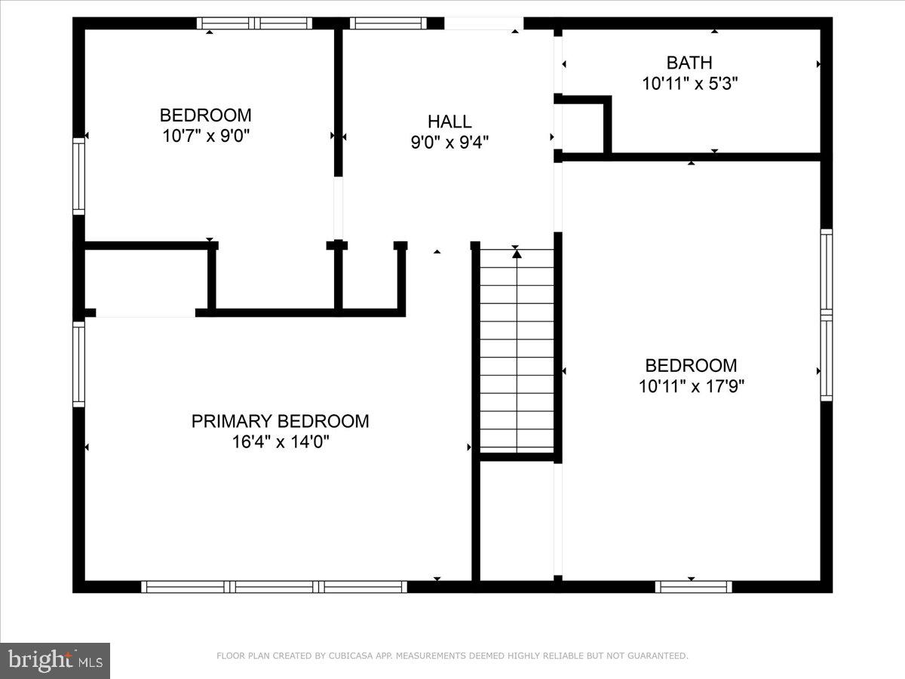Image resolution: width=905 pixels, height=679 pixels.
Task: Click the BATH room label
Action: click(689, 63)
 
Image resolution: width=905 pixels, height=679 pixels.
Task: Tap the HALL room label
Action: click(449, 121)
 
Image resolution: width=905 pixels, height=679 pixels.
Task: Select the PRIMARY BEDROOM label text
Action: click(280, 421)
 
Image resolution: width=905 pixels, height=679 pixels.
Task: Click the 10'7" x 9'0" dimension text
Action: click(205, 136)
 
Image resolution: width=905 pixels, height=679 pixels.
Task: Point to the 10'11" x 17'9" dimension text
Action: click(691, 386)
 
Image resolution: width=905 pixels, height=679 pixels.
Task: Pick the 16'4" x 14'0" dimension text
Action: click(281, 441)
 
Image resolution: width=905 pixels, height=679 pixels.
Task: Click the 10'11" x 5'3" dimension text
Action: click(689, 83)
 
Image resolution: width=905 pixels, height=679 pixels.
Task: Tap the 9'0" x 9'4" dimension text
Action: click(449, 142)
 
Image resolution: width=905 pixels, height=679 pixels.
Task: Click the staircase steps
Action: click(517, 351)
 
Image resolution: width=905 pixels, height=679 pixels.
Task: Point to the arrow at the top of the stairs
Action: click(517, 254)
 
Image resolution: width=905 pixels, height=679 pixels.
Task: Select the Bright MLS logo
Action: click(55, 660)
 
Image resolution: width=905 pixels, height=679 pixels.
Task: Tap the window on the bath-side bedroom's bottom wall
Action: click(693, 586)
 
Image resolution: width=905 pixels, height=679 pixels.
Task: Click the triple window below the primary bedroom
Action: click(274, 586)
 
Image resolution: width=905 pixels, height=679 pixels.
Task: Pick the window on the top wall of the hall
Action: click(388, 23)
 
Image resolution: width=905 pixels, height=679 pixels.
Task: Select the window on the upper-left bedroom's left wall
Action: click(78, 176)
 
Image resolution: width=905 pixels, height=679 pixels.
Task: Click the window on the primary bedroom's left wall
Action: click(78, 364)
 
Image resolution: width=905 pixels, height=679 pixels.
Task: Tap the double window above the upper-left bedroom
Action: click(254, 23)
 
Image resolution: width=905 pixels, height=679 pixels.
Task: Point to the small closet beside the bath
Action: click(581, 127)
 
